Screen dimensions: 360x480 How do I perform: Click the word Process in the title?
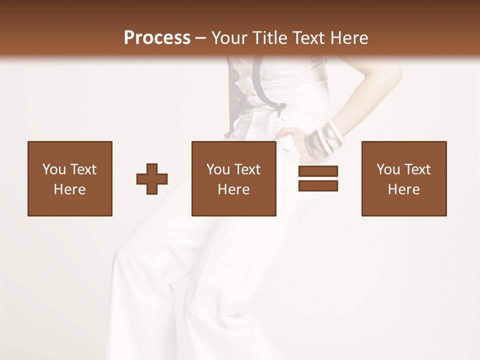pyautogui.click(x=157, y=38)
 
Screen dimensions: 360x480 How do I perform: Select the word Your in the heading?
pyautogui.click(x=229, y=38)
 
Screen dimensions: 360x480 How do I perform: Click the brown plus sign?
pyautogui.click(x=152, y=179)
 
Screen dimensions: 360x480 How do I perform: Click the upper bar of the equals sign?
pyautogui.click(x=318, y=171)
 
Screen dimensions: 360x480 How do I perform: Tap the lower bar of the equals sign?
pyautogui.click(x=318, y=185)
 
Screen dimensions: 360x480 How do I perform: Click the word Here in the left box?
pyautogui.click(x=69, y=189)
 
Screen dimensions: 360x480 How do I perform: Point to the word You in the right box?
pyautogui.click(x=388, y=169)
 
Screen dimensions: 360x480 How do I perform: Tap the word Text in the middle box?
pyautogui.click(x=247, y=169)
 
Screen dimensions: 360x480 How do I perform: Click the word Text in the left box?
pyautogui.click(x=83, y=169)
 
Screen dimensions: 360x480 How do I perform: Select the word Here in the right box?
pyautogui.click(x=403, y=189)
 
